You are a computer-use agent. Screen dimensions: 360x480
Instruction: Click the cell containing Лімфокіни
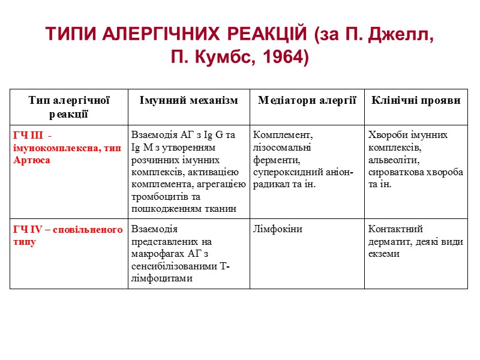278,229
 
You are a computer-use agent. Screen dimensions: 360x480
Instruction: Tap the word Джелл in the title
398,35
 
